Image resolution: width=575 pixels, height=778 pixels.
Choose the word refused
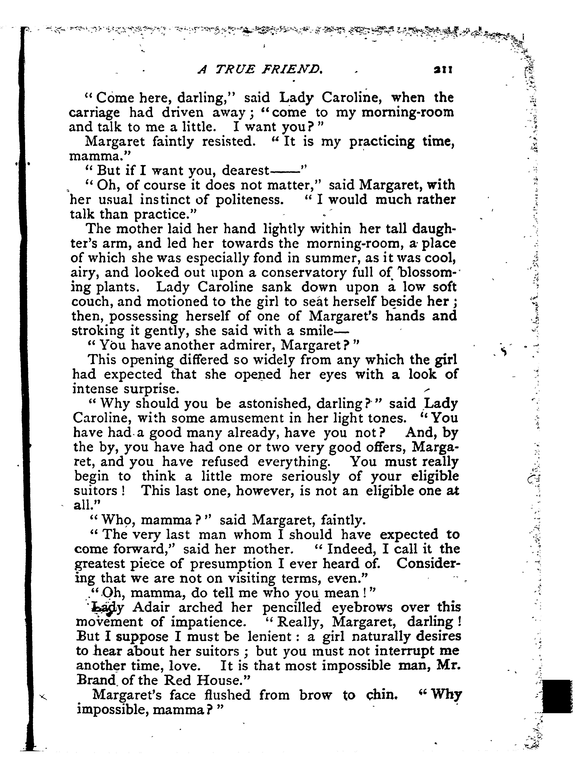tap(225, 462)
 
